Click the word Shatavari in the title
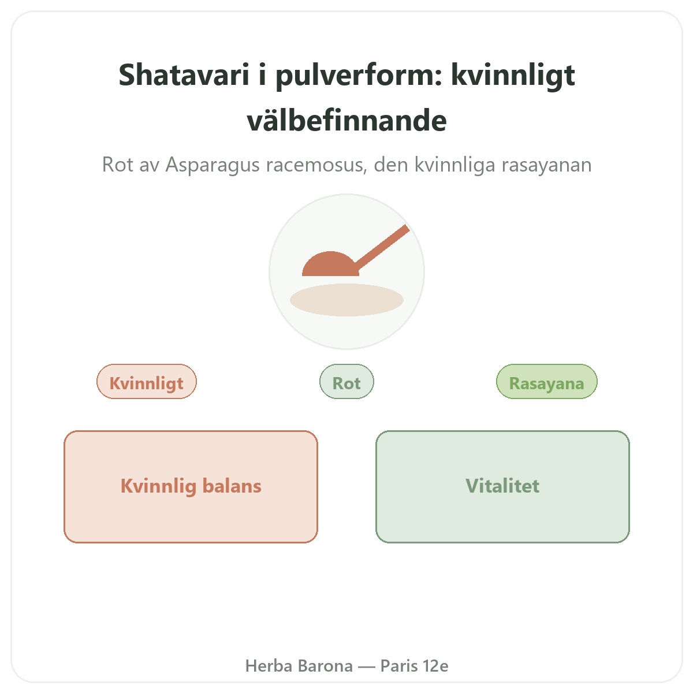pos(184,75)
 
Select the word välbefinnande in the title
pos(346,120)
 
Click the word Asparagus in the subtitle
pos(212,165)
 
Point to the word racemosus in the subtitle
pos(316,165)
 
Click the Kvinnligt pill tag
pos(147,382)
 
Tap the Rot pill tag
pos(346,382)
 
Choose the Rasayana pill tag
pos(547,382)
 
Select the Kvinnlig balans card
pos(191,487)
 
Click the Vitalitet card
pos(502,487)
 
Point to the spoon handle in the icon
pos(381,248)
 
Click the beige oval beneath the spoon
pos(346,300)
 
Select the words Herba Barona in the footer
pos(299,666)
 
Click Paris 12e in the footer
pos(414,666)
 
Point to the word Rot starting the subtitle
pos(118,165)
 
